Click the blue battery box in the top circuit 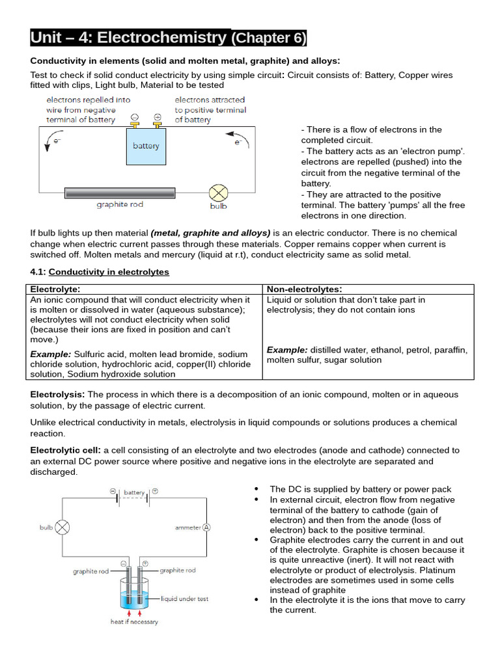(x=146, y=147)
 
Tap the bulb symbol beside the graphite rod (x=218, y=193)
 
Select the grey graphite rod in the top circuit (x=120, y=193)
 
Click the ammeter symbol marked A (x=206, y=527)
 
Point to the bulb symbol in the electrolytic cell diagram (x=62, y=527)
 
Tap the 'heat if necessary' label (x=133, y=622)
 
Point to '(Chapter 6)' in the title (x=268, y=38)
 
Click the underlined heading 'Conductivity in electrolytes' (x=109, y=272)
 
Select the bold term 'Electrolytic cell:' (x=65, y=450)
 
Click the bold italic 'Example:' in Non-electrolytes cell (x=287, y=350)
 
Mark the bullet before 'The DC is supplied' (x=256, y=489)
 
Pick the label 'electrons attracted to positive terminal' (x=210, y=110)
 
